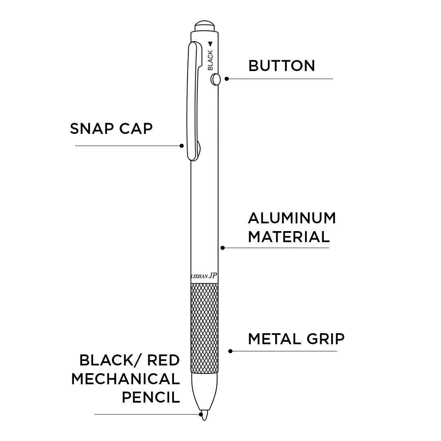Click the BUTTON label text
pos(281,66)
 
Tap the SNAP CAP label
pos(111,129)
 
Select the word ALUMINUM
pos(292,218)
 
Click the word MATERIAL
pos(289,237)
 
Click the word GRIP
pos(325,339)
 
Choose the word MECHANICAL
pos(125,379)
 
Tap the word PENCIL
pos(151,397)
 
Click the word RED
pos(163,360)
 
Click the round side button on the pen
pos(215,79)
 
